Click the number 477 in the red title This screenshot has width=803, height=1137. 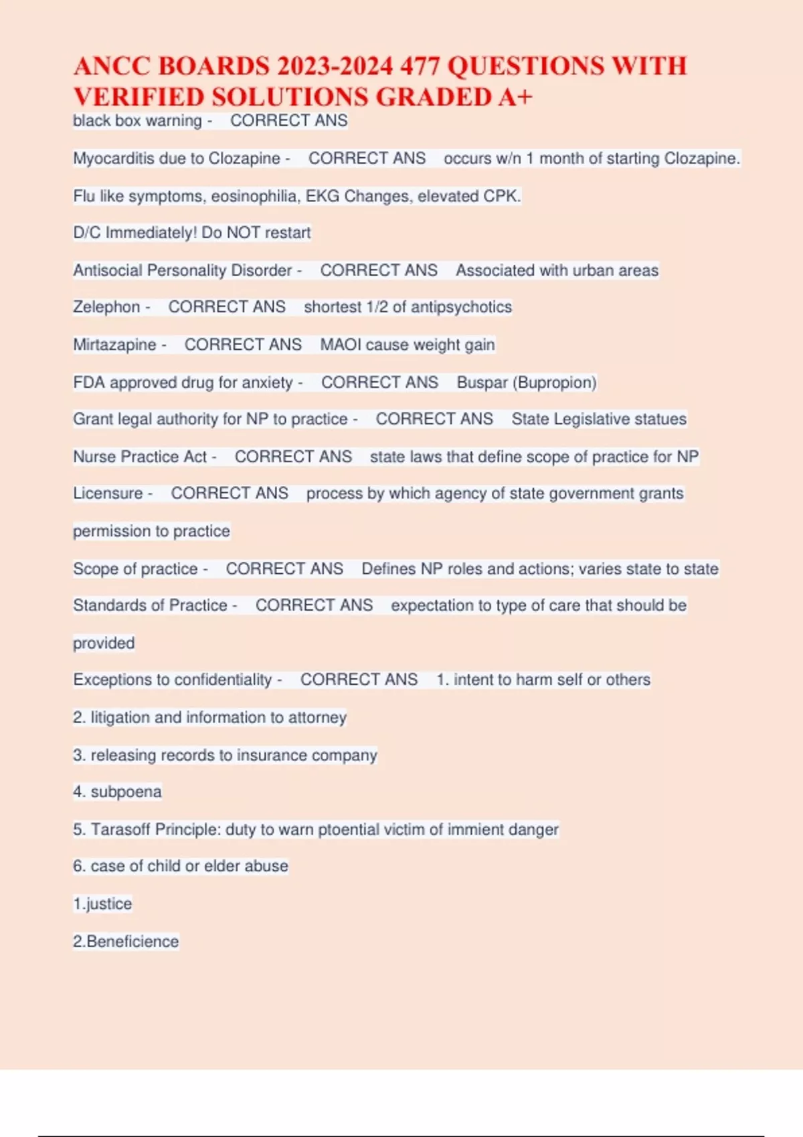420,66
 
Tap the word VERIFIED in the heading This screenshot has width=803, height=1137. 139,98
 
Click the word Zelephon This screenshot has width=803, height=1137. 106,307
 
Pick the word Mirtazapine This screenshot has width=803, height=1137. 114,344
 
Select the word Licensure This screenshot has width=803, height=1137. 108,494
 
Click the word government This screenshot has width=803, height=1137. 572,494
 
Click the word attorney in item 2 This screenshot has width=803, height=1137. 317,718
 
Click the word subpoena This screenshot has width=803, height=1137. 126,792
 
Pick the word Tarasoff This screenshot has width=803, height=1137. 120,829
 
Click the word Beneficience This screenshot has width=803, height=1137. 132,942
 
